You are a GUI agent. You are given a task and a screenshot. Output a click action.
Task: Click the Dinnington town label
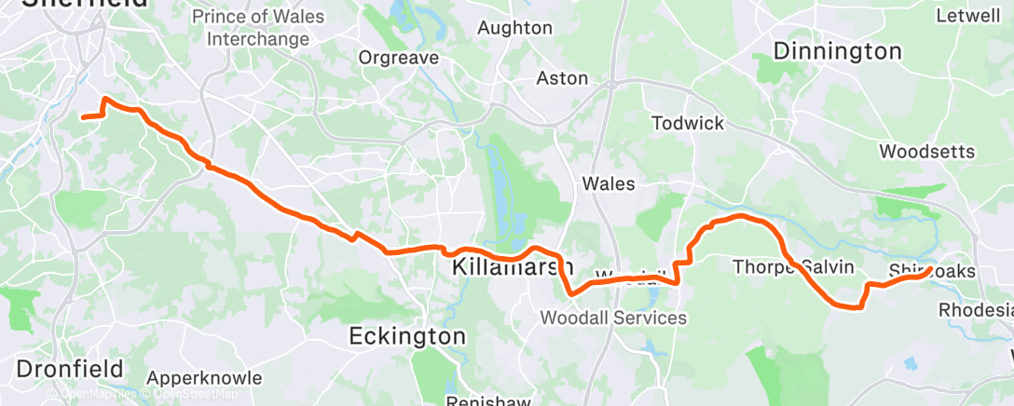837,51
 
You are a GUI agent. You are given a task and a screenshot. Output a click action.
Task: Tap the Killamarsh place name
513,268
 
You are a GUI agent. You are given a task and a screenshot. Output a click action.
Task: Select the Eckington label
407,335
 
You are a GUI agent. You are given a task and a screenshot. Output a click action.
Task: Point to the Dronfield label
70,368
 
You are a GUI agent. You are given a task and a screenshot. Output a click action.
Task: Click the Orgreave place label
399,58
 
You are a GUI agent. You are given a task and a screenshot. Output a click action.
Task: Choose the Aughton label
514,28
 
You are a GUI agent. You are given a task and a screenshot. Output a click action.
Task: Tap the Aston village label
562,78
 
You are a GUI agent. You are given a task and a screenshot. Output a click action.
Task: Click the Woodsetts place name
926,151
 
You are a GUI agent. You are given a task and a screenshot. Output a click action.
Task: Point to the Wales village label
608,183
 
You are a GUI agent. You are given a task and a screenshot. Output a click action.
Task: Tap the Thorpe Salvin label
793,267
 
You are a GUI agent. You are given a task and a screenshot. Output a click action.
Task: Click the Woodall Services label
613,318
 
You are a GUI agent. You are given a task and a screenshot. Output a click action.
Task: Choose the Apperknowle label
196,379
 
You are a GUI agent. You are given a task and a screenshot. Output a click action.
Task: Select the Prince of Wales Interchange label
257,28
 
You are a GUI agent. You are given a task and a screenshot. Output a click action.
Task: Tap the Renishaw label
482,400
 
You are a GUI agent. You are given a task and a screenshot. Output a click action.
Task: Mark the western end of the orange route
83,117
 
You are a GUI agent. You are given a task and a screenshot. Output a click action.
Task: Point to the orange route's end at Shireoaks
930,270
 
